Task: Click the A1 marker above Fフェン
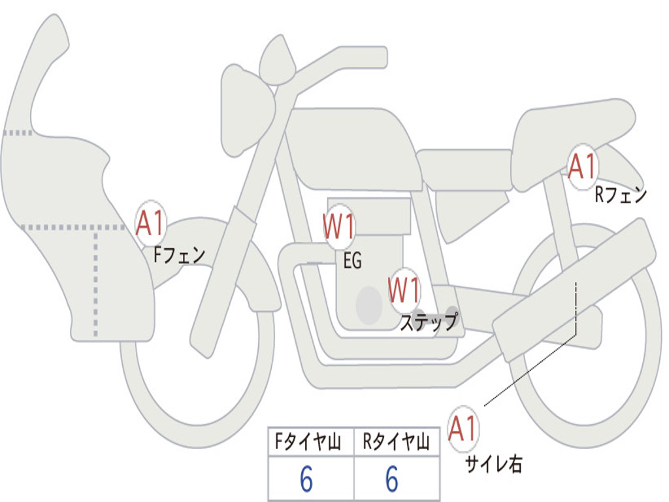tap(151, 224)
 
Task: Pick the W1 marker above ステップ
tap(404, 290)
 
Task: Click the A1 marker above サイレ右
tap(463, 428)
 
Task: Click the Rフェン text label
tap(620, 195)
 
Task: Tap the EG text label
tap(352, 261)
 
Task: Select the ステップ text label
tap(429, 322)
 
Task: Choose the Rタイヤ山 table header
tap(396, 443)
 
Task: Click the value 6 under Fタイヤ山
tap(306, 480)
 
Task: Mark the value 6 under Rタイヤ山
tap(392, 480)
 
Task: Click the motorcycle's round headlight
tap(246, 109)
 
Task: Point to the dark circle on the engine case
tap(369, 305)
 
